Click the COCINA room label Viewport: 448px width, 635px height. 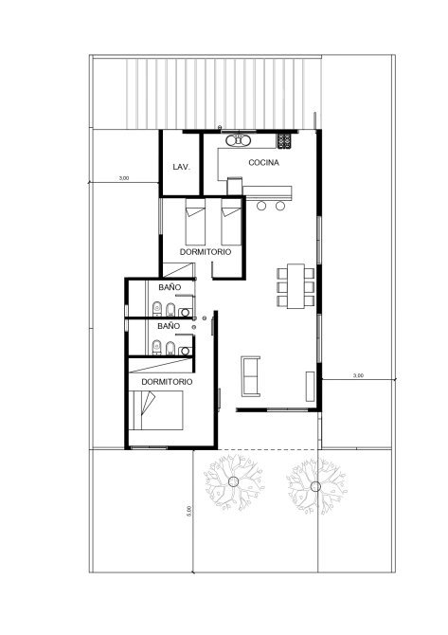[x=263, y=162]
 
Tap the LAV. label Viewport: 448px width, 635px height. [x=181, y=167]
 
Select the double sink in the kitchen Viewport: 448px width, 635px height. [x=239, y=140]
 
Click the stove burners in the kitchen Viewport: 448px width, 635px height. [x=284, y=141]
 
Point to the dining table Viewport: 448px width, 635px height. [x=296, y=286]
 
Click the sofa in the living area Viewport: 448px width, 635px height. [x=250, y=376]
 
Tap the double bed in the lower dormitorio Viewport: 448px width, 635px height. [x=156, y=410]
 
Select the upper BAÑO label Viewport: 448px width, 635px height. [x=170, y=287]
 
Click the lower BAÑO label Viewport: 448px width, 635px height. [x=169, y=326]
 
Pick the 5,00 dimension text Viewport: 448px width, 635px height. [x=188, y=511]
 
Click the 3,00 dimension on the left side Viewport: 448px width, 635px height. [x=124, y=178]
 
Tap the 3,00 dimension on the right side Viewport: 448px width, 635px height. [x=358, y=375]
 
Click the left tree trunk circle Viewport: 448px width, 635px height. [x=234, y=481]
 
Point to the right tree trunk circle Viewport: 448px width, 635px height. [x=315, y=486]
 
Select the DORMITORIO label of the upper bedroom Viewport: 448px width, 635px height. [x=206, y=252]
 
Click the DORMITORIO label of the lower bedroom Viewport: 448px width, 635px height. [x=167, y=382]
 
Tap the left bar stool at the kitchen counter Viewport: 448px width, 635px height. [x=261, y=206]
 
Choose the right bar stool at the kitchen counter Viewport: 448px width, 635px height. [x=280, y=206]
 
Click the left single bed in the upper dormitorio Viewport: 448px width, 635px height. [x=195, y=222]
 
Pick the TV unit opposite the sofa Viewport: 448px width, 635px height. [x=310, y=386]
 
